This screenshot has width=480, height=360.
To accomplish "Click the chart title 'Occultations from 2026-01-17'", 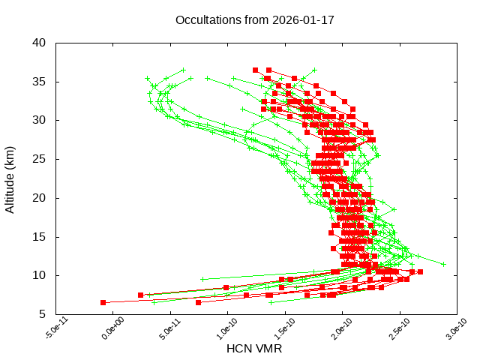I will (x=254, y=19).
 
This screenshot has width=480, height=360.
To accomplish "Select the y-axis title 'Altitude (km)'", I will (x=10, y=178).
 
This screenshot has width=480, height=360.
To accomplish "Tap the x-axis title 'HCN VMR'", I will (x=254, y=349).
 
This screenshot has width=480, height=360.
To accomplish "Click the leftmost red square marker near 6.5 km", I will (x=103, y=302).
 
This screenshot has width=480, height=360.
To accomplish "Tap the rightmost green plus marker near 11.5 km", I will (x=443, y=264).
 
